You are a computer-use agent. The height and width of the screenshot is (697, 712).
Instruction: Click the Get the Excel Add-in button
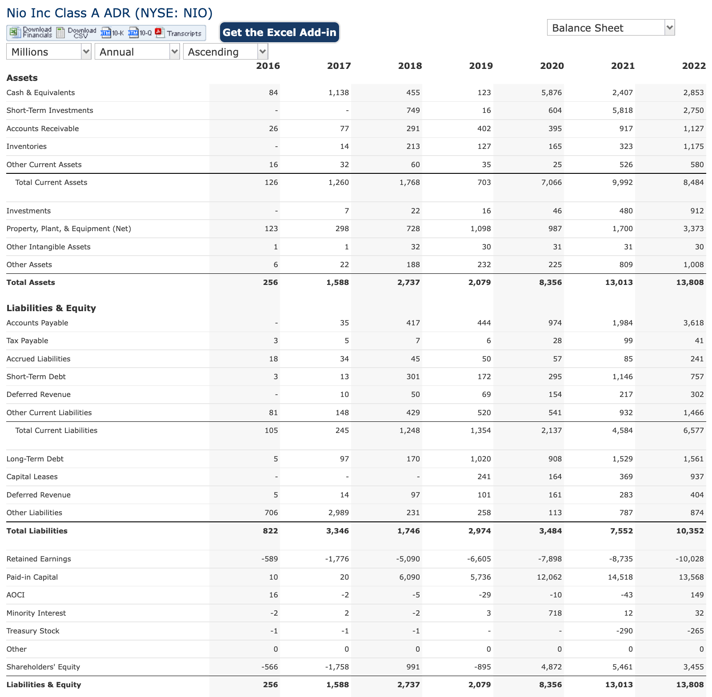pos(279,32)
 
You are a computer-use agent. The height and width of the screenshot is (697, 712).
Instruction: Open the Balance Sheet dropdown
pos(611,28)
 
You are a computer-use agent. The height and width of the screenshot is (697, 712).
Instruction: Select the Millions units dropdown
pos(48,52)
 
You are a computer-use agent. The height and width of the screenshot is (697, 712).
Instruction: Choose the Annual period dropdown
pos(137,52)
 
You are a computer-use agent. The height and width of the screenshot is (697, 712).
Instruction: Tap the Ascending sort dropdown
pos(225,52)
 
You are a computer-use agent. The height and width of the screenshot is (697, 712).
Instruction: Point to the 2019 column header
pos(481,66)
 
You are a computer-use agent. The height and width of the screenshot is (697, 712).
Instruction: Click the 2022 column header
pos(694,66)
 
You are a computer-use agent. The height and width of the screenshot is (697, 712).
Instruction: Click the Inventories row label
pos(27,146)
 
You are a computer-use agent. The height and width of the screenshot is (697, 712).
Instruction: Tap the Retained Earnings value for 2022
pos(689,559)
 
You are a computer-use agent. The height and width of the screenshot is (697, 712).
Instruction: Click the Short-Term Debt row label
pos(36,377)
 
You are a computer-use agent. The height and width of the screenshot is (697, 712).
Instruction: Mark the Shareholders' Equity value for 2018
pos(413,667)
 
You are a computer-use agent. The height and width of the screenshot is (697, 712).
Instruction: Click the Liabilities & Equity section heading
pos(51,308)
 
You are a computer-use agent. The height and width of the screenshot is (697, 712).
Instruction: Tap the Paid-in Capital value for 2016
pos(273,577)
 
